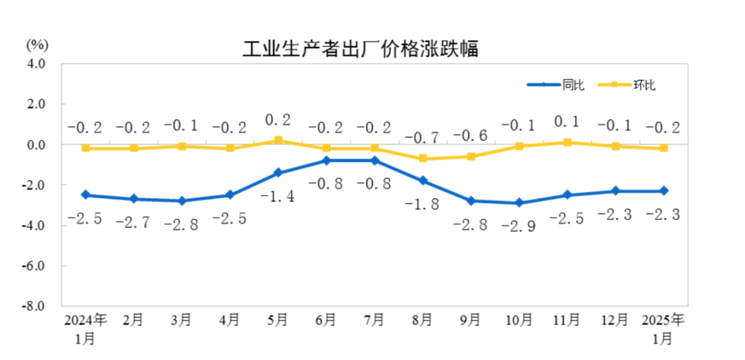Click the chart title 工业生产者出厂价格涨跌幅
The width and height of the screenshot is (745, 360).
(x=360, y=50)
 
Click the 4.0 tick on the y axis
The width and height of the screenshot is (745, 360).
(x=37, y=63)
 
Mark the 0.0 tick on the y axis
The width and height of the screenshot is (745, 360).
(x=37, y=145)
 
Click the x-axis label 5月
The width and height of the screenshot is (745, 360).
(x=278, y=320)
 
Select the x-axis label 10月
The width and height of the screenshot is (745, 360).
(x=519, y=320)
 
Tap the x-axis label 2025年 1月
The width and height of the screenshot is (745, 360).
(x=663, y=328)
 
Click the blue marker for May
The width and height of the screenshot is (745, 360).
(x=278, y=172)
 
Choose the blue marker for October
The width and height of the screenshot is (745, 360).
(x=519, y=203)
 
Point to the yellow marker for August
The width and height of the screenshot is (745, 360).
(x=423, y=159)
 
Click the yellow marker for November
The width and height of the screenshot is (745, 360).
(x=567, y=142)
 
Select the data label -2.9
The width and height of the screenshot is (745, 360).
(x=519, y=226)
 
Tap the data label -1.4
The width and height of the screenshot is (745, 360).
(x=278, y=196)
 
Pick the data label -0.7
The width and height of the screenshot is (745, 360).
(x=423, y=137)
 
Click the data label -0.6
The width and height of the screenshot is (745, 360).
(x=471, y=135)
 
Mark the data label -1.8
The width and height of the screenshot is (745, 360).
(x=423, y=204)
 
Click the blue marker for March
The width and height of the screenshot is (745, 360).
(x=182, y=201)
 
